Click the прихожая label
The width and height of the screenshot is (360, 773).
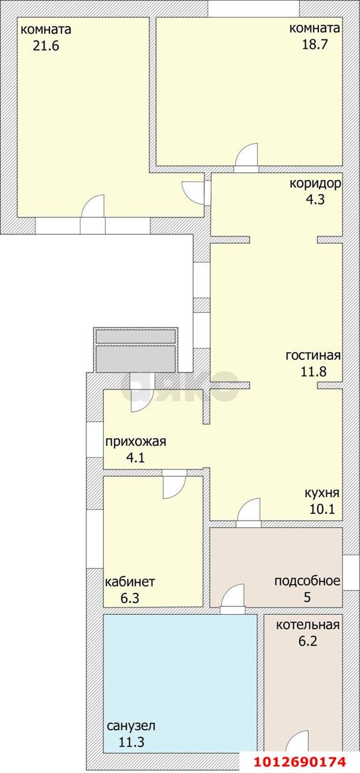click(135, 441)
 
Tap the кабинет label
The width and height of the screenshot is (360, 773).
click(130, 582)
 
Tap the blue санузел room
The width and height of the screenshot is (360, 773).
click(179, 676)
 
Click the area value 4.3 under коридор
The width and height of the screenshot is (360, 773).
click(315, 200)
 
